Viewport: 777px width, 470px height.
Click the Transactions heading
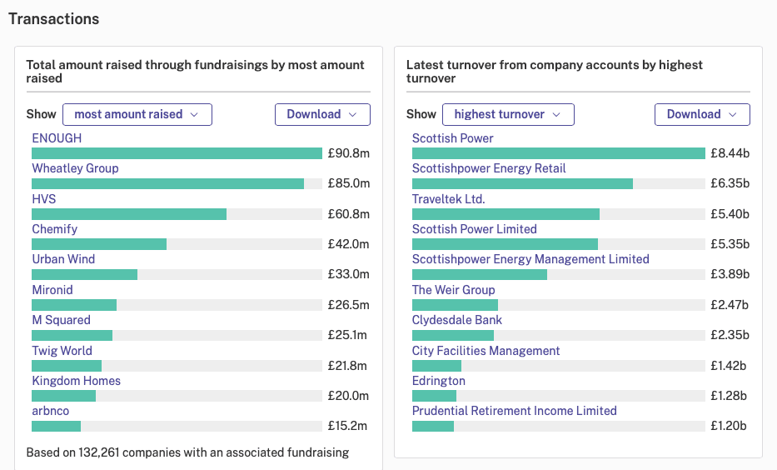(x=53, y=19)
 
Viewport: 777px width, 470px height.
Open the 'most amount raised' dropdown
(x=137, y=114)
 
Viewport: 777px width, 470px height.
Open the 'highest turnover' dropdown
(x=508, y=114)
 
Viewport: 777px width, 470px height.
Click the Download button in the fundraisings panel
(x=322, y=114)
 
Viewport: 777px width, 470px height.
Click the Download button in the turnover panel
(x=702, y=114)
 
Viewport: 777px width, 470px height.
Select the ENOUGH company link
(x=57, y=138)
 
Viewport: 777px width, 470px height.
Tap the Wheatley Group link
(x=75, y=168)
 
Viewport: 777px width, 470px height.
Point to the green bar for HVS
(x=129, y=214)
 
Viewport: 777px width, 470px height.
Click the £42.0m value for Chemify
(x=348, y=244)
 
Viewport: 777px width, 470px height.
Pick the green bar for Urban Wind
(x=84, y=275)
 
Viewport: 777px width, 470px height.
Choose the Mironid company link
(x=52, y=290)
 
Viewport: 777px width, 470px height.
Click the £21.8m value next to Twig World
(x=347, y=366)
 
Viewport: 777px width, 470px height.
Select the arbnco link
(x=51, y=411)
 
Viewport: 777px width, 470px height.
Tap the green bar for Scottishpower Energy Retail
(x=522, y=184)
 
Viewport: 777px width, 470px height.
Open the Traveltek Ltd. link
(x=448, y=199)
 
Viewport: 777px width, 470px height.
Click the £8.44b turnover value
(x=730, y=153)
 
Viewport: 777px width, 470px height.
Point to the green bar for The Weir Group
(x=455, y=305)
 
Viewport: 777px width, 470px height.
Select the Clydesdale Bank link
(x=457, y=320)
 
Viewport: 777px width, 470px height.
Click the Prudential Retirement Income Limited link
(x=515, y=411)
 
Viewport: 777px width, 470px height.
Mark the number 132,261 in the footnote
(x=98, y=452)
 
